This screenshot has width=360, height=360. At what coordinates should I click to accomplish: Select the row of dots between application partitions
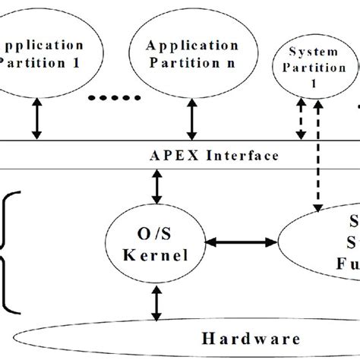tap(115, 98)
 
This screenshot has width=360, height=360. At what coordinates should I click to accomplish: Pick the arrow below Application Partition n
tap(191, 119)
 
